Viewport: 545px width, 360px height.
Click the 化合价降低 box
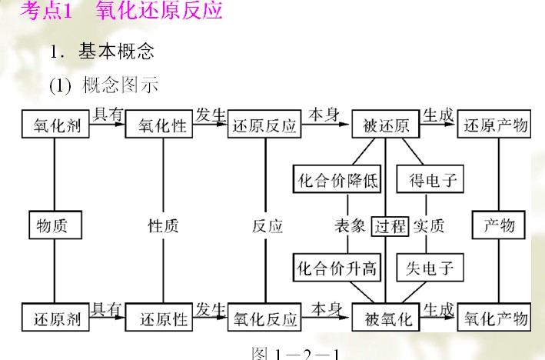coord(337,180)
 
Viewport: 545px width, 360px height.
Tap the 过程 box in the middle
coord(390,226)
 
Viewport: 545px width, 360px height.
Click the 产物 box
coord(498,225)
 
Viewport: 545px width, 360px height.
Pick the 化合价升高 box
coord(337,268)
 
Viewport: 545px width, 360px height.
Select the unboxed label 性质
coord(163,226)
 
